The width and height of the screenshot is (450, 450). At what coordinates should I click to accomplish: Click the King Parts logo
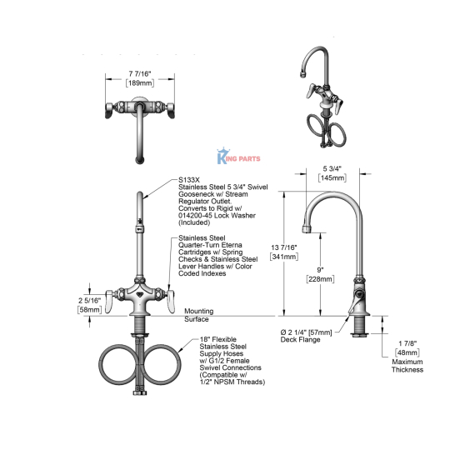click(238, 157)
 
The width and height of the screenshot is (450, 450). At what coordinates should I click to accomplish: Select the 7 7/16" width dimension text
click(140, 74)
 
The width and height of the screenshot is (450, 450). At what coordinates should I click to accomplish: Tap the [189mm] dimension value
click(140, 83)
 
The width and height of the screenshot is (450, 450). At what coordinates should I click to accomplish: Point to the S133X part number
click(189, 180)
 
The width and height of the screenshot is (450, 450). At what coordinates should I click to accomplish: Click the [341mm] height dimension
click(284, 257)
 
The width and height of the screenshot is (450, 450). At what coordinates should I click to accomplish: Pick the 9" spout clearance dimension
click(320, 270)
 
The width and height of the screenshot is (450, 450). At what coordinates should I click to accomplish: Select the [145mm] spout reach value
click(332, 178)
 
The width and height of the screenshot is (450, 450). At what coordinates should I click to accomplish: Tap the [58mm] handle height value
click(89, 310)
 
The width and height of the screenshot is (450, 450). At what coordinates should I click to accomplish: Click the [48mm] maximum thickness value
click(407, 352)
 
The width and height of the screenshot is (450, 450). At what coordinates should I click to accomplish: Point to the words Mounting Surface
click(198, 315)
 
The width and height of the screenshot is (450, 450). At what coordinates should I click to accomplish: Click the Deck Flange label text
click(300, 340)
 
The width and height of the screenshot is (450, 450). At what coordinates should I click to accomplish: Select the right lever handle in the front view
click(171, 301)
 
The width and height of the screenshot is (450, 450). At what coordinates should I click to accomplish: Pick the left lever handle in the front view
click(108, 301)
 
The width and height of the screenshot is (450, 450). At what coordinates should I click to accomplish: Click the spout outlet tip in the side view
click(307, 229)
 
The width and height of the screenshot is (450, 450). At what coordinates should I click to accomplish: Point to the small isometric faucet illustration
click(322, 97)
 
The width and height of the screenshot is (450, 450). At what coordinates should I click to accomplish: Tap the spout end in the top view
click(140, 161)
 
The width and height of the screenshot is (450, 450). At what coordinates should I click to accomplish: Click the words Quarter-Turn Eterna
click(210, 245)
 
